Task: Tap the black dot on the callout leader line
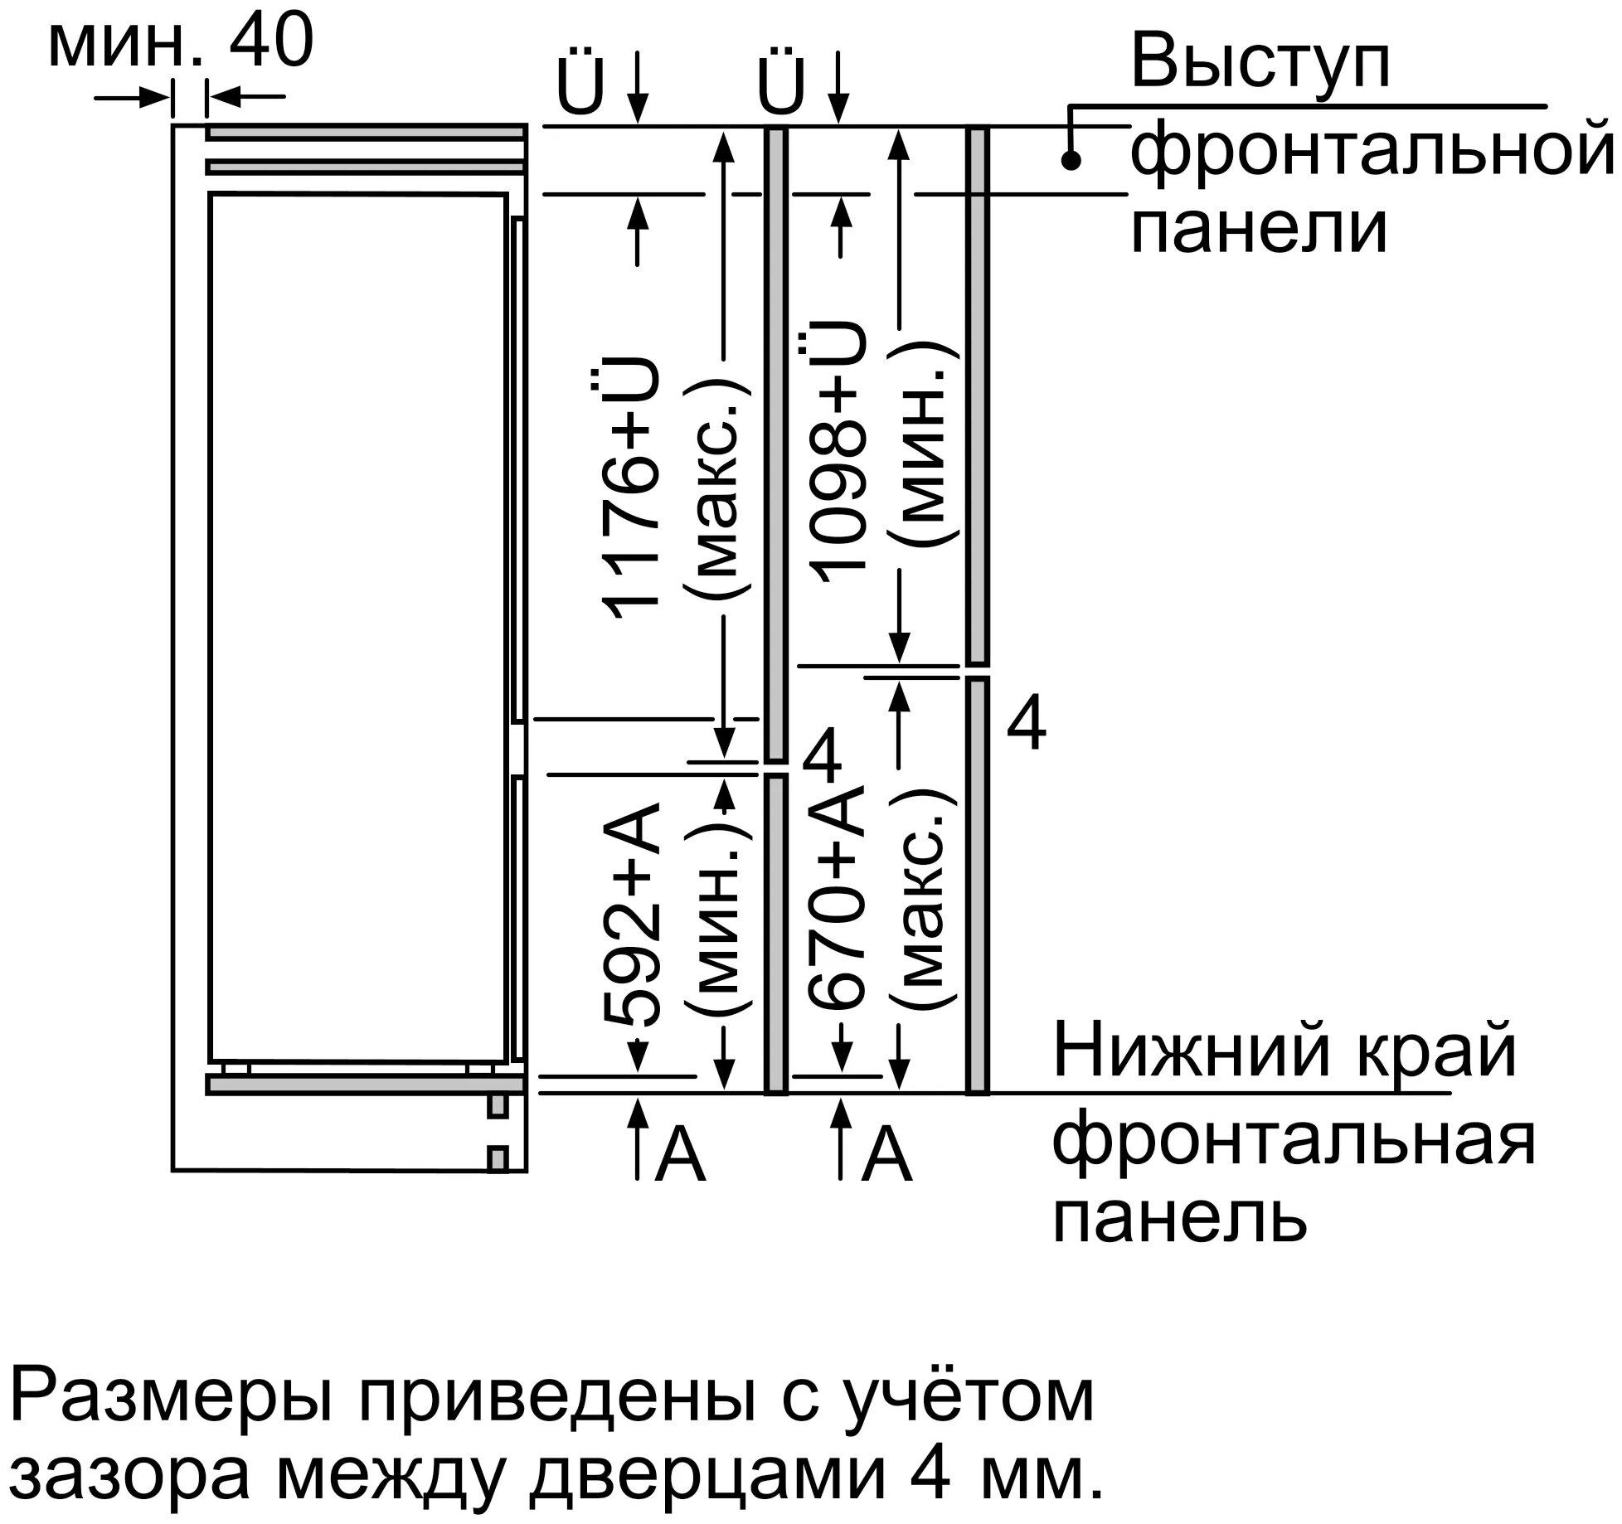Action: (1071, 161)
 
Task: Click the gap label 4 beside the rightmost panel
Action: (1026, 725)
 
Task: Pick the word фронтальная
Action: (1294, 1136)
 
